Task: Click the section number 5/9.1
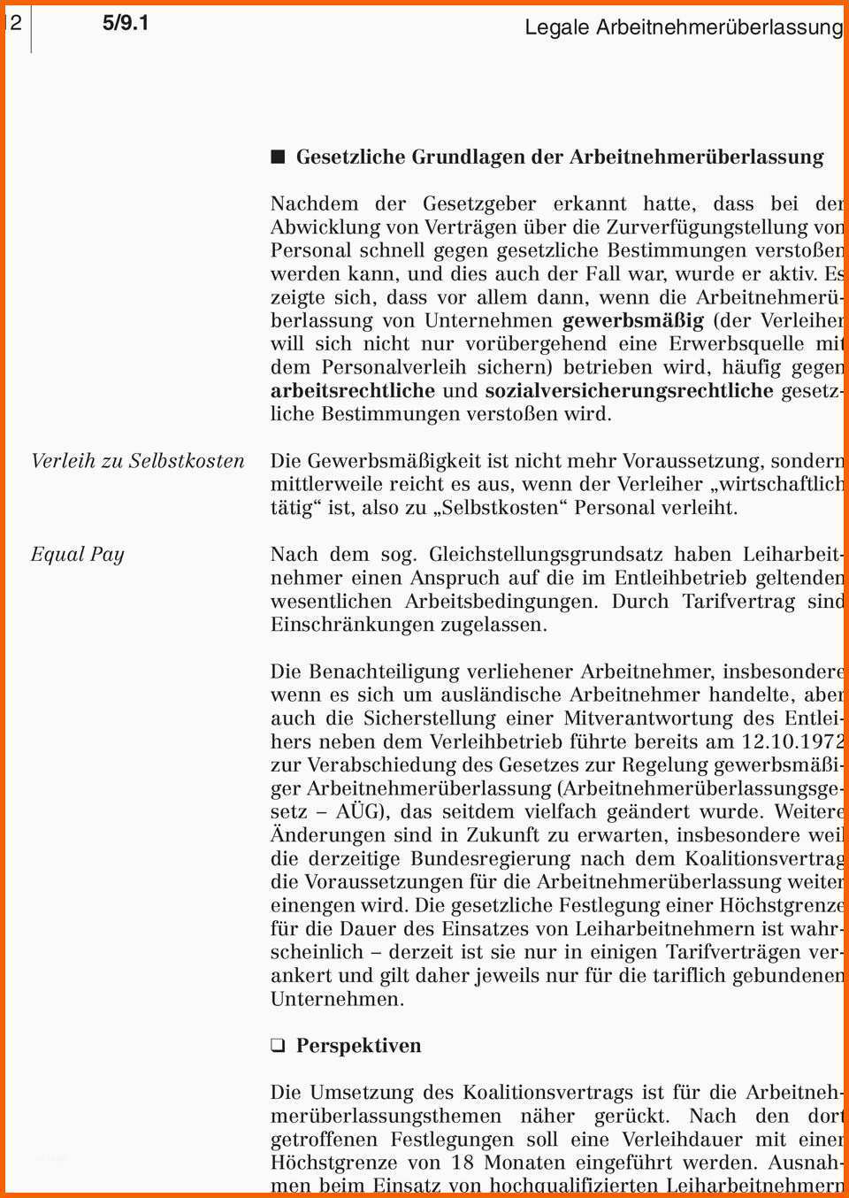[x=126, y=23]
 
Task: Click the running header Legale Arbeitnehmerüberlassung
[x=684, y=27]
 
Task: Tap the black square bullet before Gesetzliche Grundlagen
[x=279, y=157]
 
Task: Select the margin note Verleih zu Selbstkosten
[x=137, y=461]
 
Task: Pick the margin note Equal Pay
[x=78, y=555]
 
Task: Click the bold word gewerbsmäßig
[x=633, y=320]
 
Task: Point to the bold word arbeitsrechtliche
[x=352, y=391]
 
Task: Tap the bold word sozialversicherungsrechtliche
[x=629, y=391]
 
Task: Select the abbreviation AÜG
[x=362, y=811]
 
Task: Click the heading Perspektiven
[x=358, y=1046]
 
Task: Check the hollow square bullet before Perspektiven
[x=279, y=1046]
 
